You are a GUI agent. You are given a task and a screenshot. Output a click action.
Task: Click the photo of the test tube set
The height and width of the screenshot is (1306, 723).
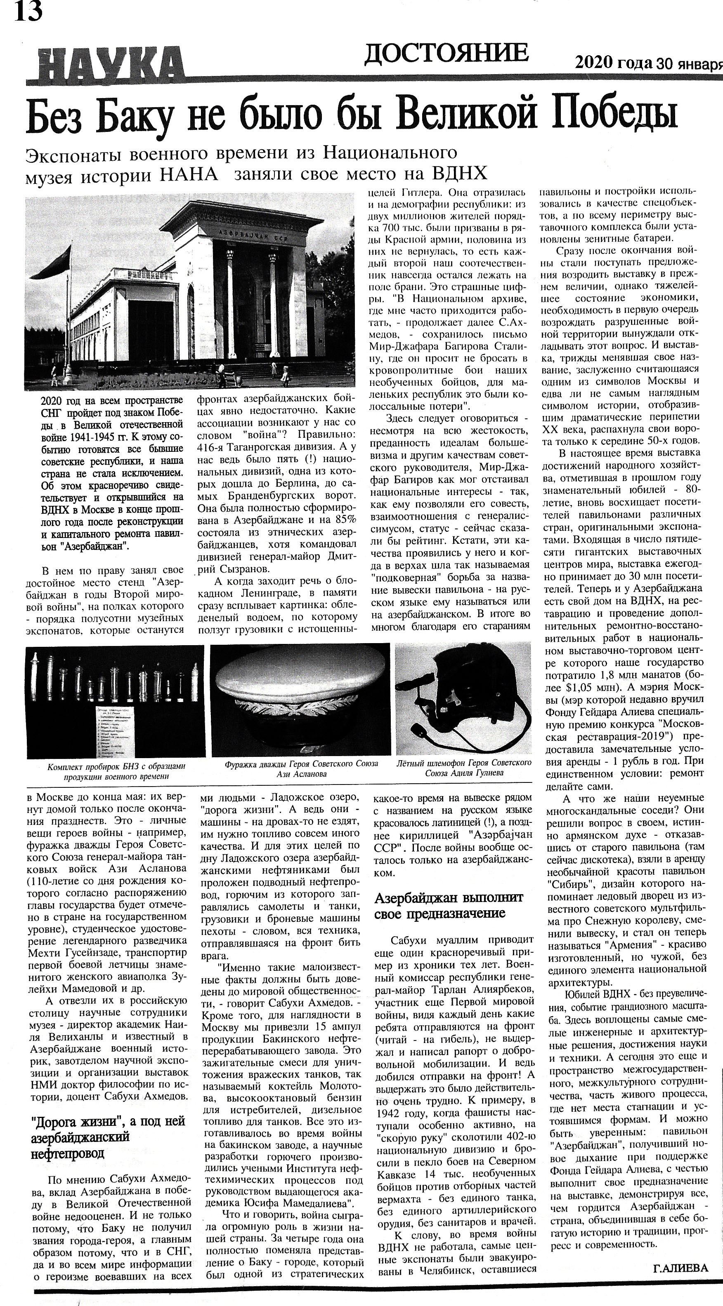pos(115,701)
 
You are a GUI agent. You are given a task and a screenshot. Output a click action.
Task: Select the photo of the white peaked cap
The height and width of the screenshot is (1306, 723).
pos(300,700)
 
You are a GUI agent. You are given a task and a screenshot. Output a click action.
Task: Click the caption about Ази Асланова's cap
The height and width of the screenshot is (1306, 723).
pos(301,768)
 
